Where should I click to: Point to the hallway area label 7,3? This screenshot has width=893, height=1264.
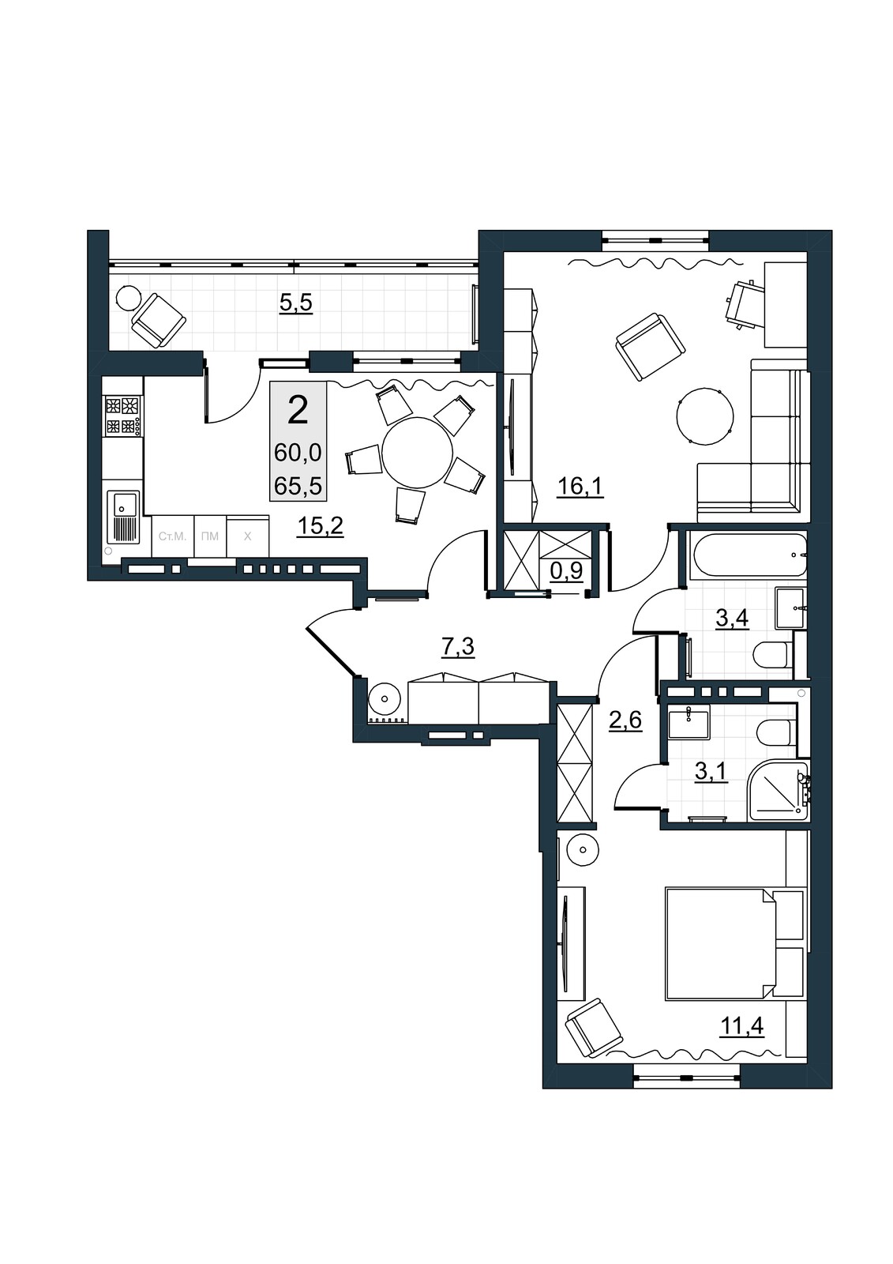tap(457, 647)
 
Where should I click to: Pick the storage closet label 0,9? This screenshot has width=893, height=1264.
tap(566, 571)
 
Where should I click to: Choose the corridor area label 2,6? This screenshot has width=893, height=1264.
tap(625, 720)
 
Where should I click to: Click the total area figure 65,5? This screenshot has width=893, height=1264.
tap(298, 486)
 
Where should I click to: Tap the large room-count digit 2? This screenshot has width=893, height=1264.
tap(298, 410)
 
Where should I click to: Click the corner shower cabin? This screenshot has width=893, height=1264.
tap(778, 791)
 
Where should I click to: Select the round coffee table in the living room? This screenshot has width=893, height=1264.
tap(704, 416)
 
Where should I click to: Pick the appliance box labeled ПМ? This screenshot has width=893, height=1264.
tap(210, 536)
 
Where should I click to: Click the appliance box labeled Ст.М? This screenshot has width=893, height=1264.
tap(173, 536)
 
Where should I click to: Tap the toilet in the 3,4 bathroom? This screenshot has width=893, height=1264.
tap(774, 654)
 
